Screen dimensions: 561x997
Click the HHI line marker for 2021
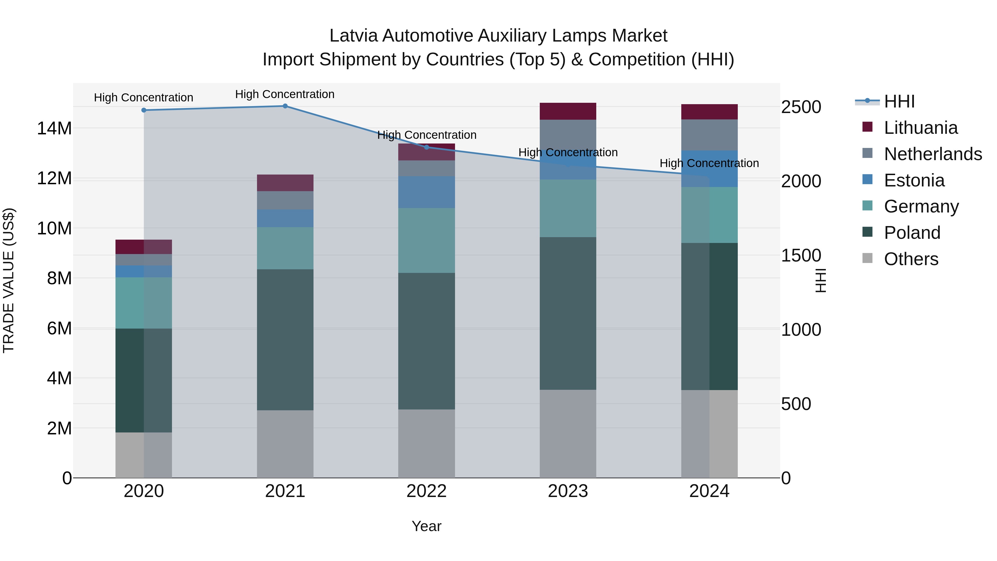pos(285,106)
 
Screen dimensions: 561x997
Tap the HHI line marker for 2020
pos(143,110)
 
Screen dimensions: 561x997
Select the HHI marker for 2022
pos(426,147)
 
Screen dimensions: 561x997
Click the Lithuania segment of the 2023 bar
pos(568,111)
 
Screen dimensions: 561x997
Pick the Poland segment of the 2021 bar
pos(285,340)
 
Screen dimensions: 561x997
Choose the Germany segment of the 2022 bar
pos(426,240)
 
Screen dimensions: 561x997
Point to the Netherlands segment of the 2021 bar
pos(285,200)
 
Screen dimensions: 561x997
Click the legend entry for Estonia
pos(914,180)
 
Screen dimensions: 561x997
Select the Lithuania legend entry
pos(920,128)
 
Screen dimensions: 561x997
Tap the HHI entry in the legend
pos(899,101)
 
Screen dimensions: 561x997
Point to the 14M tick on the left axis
pos(54,129)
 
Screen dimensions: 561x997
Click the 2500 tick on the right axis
pos(801,107)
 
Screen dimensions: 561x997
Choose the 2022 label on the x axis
pos(426,491)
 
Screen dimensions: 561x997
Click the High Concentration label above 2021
pos(285,94)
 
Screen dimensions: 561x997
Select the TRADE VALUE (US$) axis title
pos(9,280)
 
